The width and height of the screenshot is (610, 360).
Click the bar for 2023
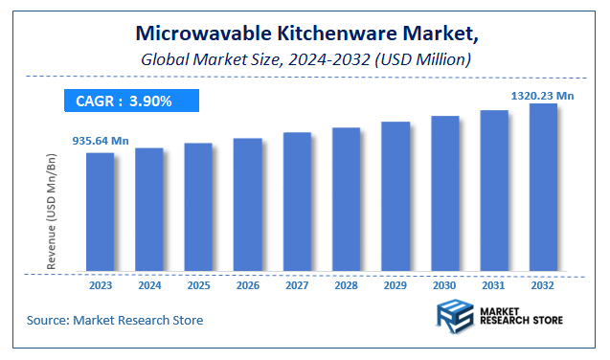(x=100, y=212)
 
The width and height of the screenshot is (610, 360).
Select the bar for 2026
(x=247, y=205)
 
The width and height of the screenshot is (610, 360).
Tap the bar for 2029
(x=395, y=196)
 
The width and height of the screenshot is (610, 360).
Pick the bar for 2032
(x=543, y=188)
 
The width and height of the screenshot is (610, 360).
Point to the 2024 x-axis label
(x=149, y=285)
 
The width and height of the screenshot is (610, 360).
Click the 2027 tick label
(x=297, y=285)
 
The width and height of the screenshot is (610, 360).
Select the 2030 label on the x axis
(x=444, y=285)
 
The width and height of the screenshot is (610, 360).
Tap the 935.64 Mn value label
(x=100, y=141)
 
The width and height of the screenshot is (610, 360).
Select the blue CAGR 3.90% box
(x=131, y=100)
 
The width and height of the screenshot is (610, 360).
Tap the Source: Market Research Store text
(x=115, y=319)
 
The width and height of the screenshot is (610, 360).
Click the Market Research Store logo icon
(x=454, y=317)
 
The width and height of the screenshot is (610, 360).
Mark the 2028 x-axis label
(x=346, y=285)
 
